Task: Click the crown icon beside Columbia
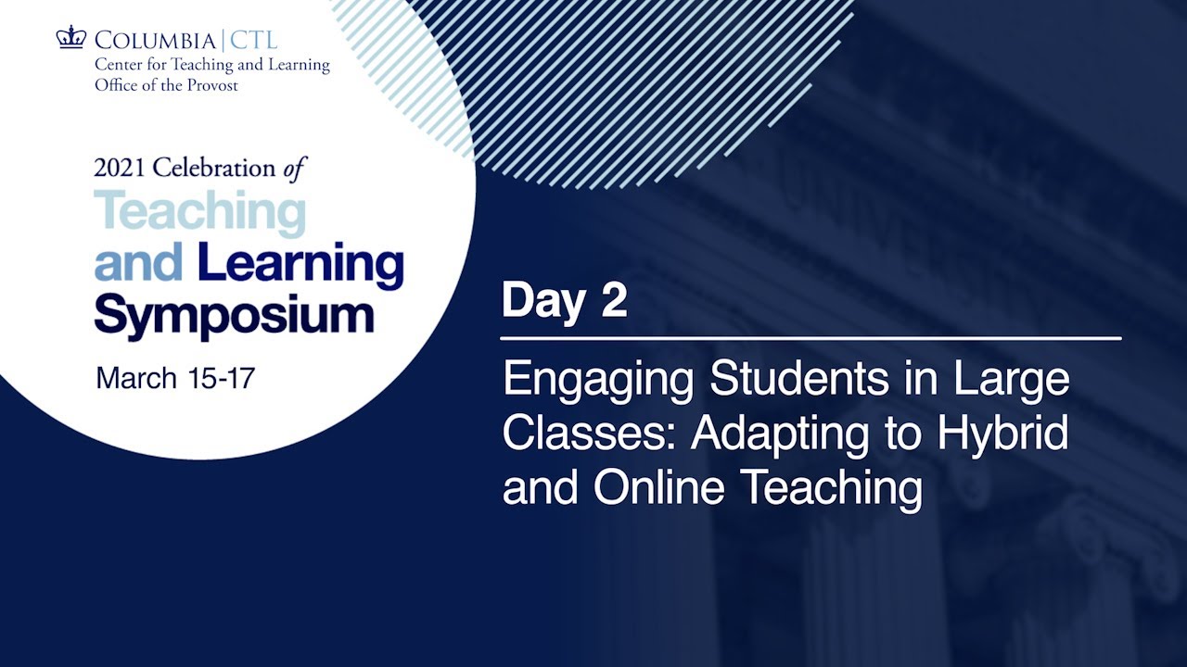point(70,38)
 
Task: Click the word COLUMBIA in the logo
point(154,41)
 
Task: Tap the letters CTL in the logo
point(251,41)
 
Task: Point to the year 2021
point(121,169)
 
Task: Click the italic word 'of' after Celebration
point(295,168)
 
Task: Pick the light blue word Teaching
point(199,213)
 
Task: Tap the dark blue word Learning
point(300,267)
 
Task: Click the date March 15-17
point(175,379)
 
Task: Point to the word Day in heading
point(543,301)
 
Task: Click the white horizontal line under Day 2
point(810,339)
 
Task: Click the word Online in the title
point(659,487)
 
